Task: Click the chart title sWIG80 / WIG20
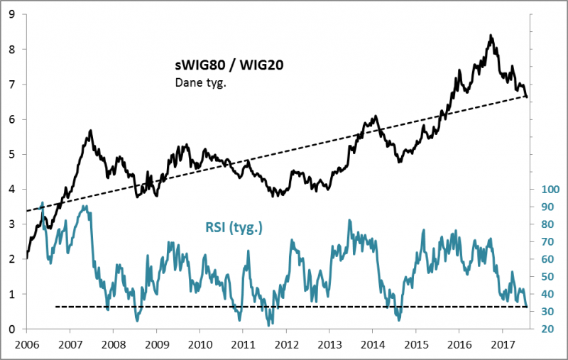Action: [x=226, y=66]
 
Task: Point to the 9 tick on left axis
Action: [x=13, y=14]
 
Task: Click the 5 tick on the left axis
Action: [x=13, y=154]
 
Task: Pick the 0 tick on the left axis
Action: [x=13, y=329]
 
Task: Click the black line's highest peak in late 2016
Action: [x=490, y=35]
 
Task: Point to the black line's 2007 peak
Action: [x=91, y=131]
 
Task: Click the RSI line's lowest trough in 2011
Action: [x=269, y=324]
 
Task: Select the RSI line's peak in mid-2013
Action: [x=349, y=220]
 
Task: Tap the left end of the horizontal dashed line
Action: [x=55, y=307]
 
